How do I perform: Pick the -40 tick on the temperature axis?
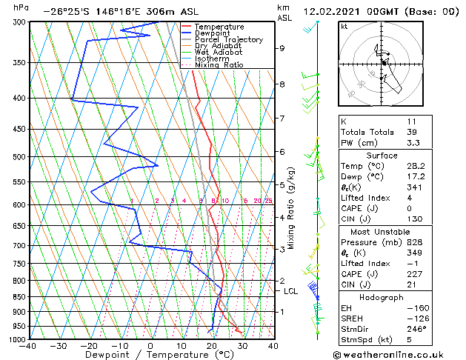tap(28, 346)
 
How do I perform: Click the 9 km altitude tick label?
tap(282, 48)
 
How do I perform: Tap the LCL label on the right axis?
tap(291, 292)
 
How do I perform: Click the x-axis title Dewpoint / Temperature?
tap(151, 355)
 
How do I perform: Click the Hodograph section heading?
tap(382, 297)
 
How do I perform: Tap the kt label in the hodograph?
tap(344, 27)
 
